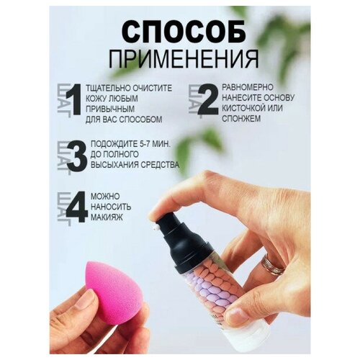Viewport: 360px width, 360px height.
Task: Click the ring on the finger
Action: [271, 266]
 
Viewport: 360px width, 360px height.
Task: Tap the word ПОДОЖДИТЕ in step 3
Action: [116, 146]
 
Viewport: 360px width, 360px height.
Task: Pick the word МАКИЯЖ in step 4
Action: [108, 218]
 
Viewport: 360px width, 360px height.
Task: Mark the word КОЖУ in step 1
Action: [101, 99]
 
